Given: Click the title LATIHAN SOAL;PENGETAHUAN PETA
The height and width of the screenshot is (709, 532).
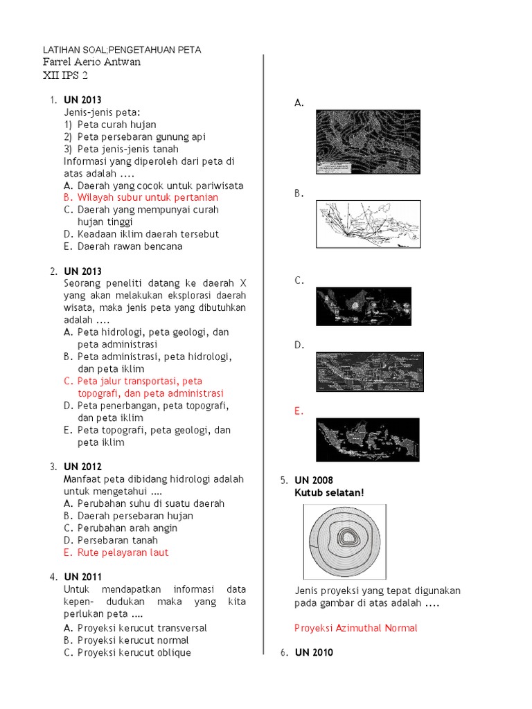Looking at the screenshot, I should pyautogui.click(x=122, y=50).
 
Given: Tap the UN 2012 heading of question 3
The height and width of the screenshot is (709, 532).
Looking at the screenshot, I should pyautogui.click(x=83, y=467).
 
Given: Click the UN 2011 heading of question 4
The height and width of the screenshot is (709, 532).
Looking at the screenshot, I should pyautogui.click(x=83, y=577).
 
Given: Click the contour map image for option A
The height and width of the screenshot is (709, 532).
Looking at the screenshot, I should pyautogui.click(x=367, y=141).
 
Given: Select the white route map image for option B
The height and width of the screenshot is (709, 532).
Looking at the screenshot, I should pyautogui.click(x=368, y=223).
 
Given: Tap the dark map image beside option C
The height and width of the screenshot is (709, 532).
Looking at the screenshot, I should pyautogui.click(x=363, y=306).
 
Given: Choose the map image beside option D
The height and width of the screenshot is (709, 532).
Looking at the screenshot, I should pyautogui.click(x=369, y=372).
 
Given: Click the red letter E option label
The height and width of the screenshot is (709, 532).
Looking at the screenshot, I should pyautogui.click(x=299, y=411).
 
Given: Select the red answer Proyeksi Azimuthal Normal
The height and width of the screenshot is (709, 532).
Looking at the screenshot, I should pyautogui.click(x=355, y=628).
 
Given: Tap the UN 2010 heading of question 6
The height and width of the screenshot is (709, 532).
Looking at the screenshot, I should pyautogui.click(x=314, y=652).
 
